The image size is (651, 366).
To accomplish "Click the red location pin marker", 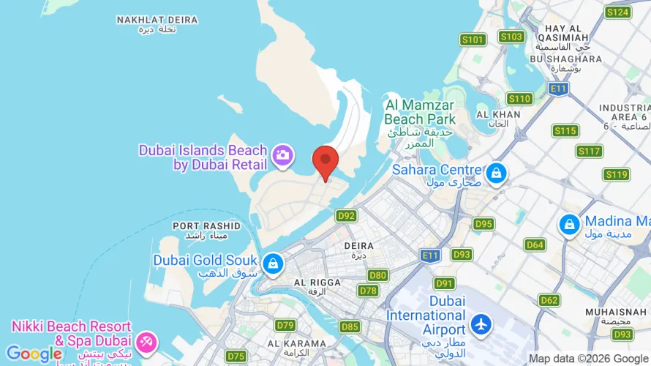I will coord(325,161).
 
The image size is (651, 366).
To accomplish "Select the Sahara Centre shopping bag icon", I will coord(497,173).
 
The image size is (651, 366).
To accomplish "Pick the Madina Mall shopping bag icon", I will coord(568,225).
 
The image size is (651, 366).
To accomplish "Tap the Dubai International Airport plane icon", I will coord(481,324).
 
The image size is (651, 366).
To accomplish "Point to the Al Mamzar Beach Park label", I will coord(420,112).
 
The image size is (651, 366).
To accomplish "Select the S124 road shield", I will coord(617,12).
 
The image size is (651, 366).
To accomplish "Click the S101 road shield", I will coord(473,40).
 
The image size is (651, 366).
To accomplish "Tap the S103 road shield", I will coord(511,36).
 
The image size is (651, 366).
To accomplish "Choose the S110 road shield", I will coord(519,99).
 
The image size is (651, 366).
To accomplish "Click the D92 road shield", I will coord(346,216).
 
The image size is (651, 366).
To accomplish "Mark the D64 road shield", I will coord(535,245).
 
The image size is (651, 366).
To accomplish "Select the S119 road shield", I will coord(616,174).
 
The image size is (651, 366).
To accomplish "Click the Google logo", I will coord(34,354).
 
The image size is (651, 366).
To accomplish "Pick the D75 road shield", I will coord(236,356).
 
